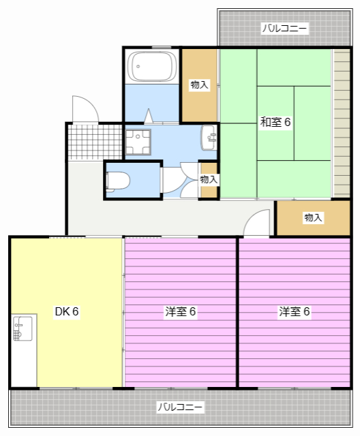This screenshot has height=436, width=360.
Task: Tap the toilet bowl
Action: point(119,181)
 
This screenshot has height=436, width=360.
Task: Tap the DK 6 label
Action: point(67,312)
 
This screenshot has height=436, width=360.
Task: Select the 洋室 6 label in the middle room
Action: point(181,312)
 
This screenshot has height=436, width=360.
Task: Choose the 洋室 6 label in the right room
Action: point(295,312)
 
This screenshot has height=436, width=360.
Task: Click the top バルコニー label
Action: point(285,29)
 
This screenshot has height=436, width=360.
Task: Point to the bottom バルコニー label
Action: point(180,407)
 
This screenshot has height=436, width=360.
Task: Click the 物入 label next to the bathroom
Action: point(199,84)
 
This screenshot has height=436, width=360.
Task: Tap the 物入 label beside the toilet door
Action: point(209,179)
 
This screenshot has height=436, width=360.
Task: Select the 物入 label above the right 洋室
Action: point(313,218)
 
